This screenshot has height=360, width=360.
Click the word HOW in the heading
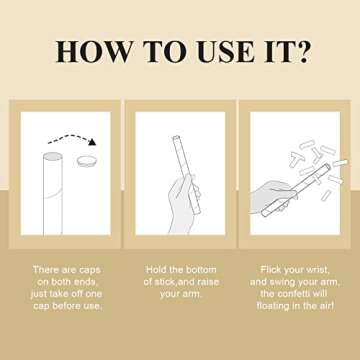(x=94, y=51)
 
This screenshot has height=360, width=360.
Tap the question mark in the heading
(x=302, y=51)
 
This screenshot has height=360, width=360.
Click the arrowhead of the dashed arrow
(x=92, y=142)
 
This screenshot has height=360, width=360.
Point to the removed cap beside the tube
(x=86, y=161)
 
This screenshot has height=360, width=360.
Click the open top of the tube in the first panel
(x=53, y=156)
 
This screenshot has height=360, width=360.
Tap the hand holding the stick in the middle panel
(x=183, y=203)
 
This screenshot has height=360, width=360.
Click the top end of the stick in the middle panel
(x=176, y=137)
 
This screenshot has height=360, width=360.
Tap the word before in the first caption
(x=67, y=307)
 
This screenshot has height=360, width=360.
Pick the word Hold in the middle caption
(x=156, y=269)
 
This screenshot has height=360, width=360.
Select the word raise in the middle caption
(x=208, y=282)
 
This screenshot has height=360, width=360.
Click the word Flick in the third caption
(x=271, y=269)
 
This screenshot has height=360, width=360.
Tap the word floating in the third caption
(x=273, y=307)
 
